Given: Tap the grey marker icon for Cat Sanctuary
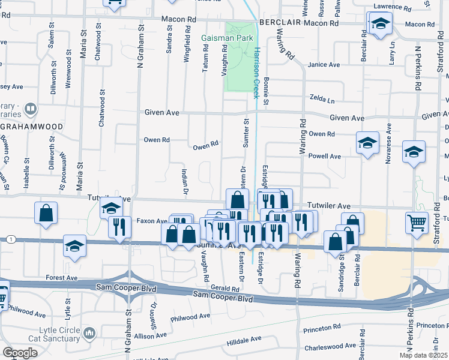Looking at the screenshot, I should click(89, 332).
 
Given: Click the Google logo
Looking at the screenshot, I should click(19, 353).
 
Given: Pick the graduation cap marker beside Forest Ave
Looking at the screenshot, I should click(74, 247).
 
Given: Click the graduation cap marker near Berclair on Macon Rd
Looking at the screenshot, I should click(379, 25).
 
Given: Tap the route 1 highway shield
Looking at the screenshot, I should click(11, 239).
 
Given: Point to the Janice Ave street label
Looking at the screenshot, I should click(324, 65).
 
